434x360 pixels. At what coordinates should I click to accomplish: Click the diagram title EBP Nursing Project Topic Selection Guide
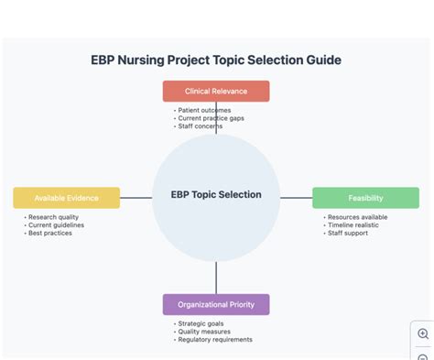click(216, 60)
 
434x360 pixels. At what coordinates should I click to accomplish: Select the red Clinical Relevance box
click(216, 91)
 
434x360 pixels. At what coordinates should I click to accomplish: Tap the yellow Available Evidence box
click(66, 198)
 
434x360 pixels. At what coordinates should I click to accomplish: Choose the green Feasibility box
click(365, 198)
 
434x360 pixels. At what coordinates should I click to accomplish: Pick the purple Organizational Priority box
click(216, 304)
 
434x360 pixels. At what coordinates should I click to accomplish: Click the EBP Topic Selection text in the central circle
click(216, 194)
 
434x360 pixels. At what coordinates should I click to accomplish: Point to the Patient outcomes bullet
click(203, 110)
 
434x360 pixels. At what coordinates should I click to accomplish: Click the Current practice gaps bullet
click(211, 118)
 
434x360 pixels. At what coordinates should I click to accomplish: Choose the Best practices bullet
click(49, 233)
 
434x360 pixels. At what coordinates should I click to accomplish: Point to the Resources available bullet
click(356, 217)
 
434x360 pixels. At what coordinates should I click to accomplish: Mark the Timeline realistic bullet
click(354, 225)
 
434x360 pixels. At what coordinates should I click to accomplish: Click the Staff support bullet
click(347, 233)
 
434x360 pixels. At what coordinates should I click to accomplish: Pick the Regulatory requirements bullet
click(215, 339)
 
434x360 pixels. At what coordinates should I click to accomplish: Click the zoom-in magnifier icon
click(423, 334)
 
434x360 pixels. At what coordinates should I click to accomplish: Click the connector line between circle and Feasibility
click(296, 197)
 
